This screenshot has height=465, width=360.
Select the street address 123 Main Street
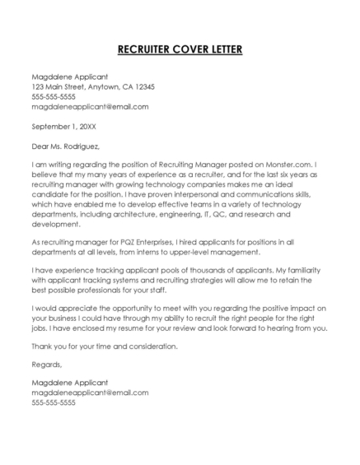[59, 86]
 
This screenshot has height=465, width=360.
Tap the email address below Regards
[90, 393]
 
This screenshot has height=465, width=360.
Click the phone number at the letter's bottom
[54, 402]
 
